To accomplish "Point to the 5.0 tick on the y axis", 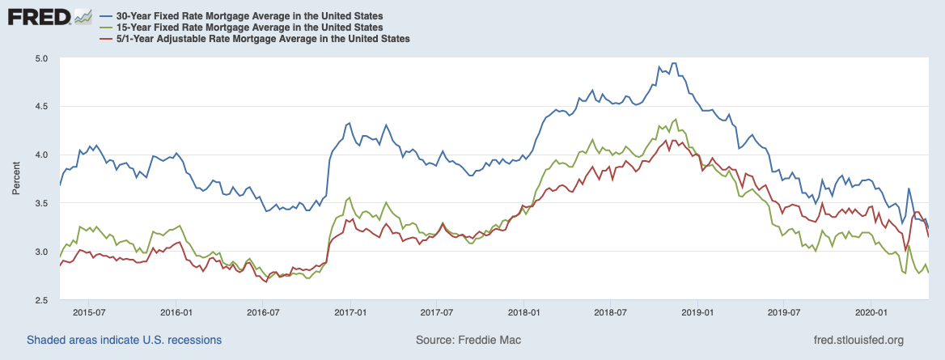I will (x=42, y=58).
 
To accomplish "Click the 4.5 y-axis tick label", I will (x=42, y=107).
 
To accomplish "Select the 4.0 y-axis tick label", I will (x=42, y=155).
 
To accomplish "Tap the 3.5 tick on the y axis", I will (x=42, y=203).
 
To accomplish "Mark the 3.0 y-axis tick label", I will (x=42, y=252).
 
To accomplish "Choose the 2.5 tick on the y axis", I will (x=42, y=300).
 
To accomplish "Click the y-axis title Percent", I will (x=16, y=179).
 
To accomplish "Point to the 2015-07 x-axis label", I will (x=88, y=312).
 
